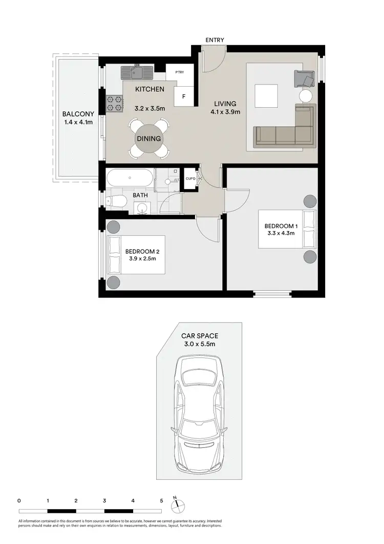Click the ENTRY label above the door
coord(215,40)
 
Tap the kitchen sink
coord(137,72)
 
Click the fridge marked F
coord(184,96)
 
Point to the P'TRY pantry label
coord(179,72)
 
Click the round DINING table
coord(148,138)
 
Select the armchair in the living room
coord(304,79)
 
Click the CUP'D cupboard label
coord(190,179)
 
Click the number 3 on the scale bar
coord(104,500)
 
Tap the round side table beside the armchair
coord(306,96)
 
